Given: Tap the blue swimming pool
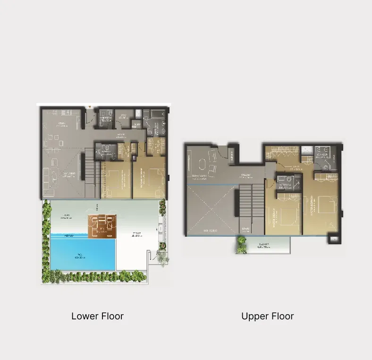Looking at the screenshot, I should pyautogui.click(x=83, y=254).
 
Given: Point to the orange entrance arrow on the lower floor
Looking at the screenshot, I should pyautogui.click(x=90, y=108).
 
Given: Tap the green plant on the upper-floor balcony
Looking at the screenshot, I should pyautogui.click(x=242, y=244).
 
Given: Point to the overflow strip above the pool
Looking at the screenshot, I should pyautogui.click(x=83, y=235).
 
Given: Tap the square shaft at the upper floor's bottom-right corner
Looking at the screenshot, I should pyautogui.click(x=334, y=239).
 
